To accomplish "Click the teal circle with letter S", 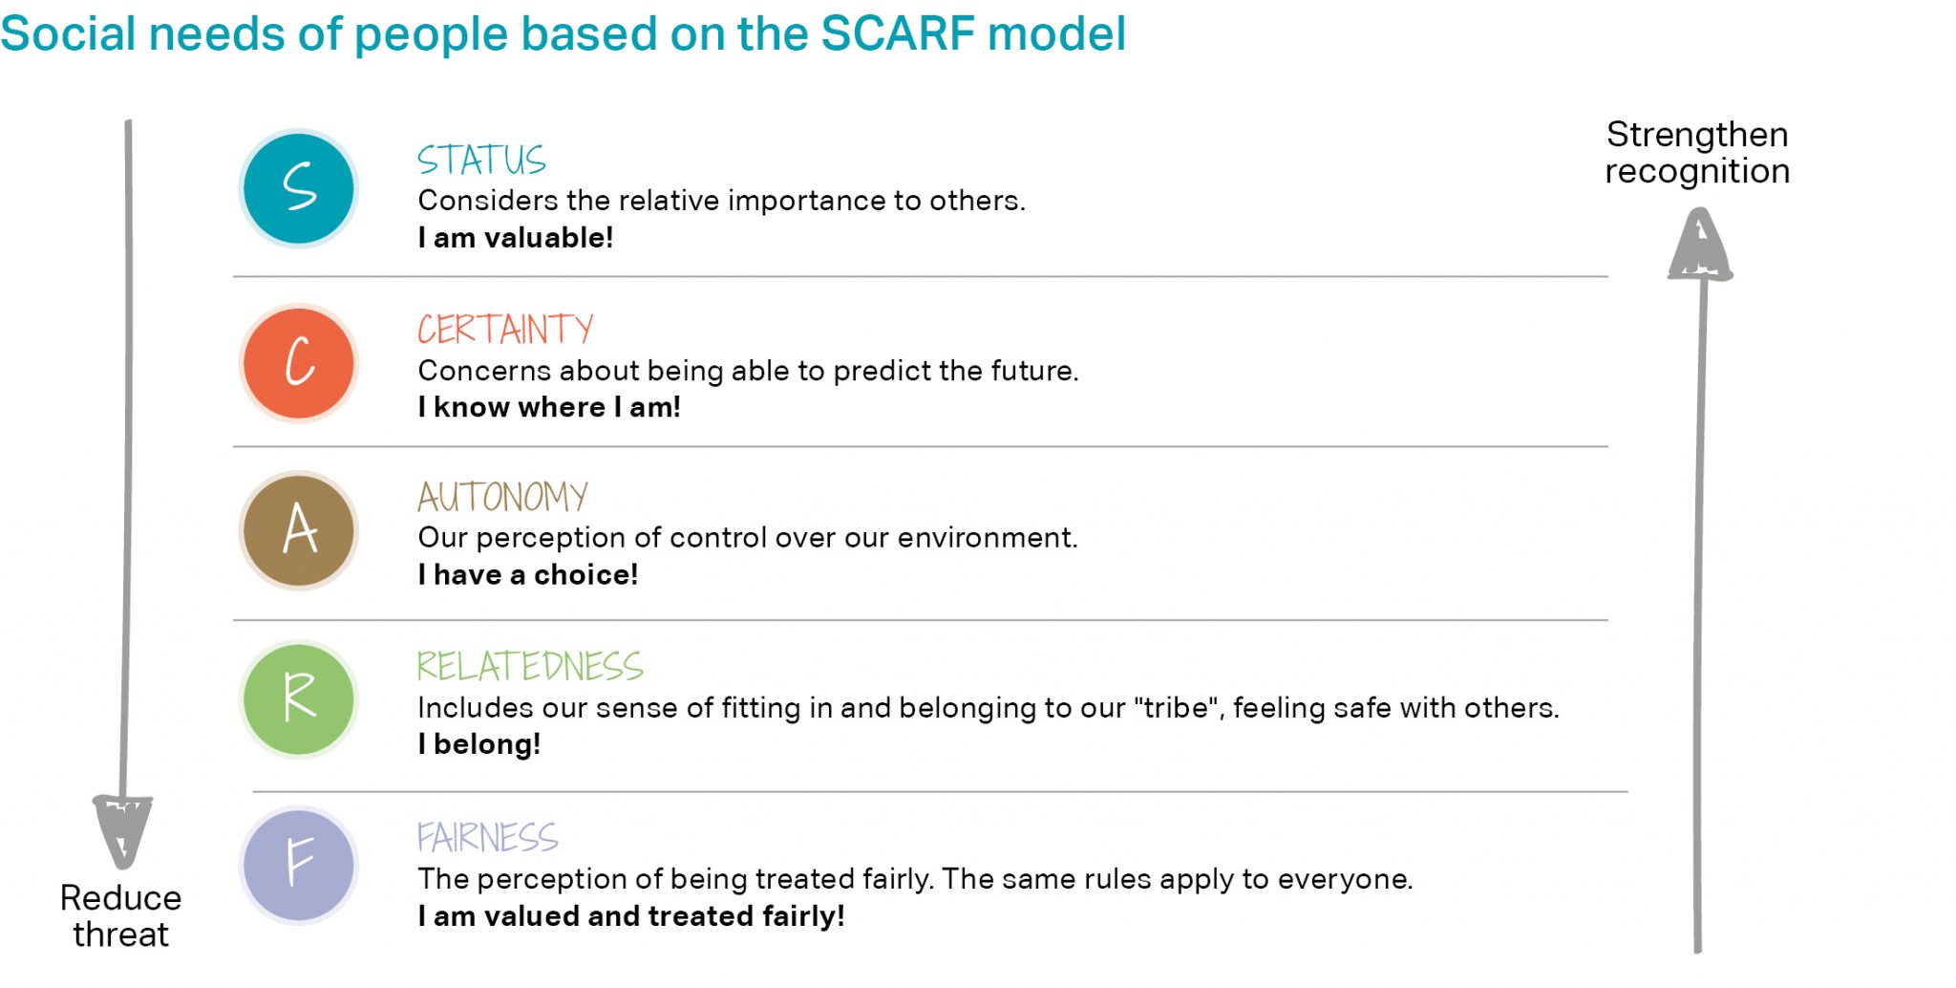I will [299, 188].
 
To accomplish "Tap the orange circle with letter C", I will [299, 363].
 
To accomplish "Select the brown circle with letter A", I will [299, 530].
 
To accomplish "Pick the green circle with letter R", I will [299, 699].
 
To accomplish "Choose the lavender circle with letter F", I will [299, 865].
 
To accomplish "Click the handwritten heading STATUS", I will [481, 160].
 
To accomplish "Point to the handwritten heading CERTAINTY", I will [505, 330].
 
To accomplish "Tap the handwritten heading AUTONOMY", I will [502, 497].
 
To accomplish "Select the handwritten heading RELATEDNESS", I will [530, 666].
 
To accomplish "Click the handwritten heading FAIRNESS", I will [487, 837].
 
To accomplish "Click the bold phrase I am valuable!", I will [515, 238].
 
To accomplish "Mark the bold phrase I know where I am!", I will [549, 407].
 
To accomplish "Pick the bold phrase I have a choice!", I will [527, 575].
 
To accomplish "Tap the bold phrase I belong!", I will [478, 744].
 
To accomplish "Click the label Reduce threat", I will [120, 915].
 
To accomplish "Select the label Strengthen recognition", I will [1697, 153].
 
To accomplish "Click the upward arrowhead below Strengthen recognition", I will [1700, 246].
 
